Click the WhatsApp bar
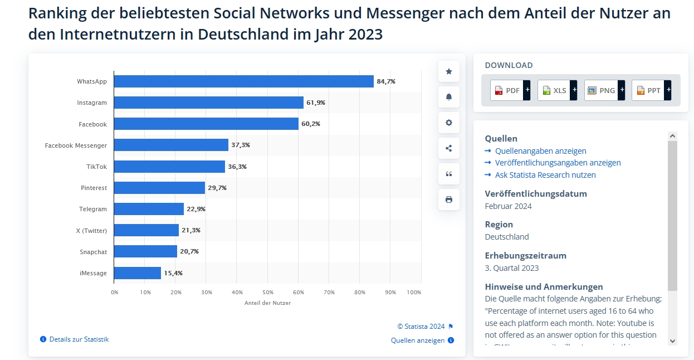243,81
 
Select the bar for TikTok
169,167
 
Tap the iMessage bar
138,273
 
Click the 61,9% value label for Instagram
316,103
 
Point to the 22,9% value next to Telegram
196,209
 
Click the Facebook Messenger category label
76,145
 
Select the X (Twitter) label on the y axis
92,231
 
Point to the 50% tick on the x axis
268,292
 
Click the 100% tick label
414,292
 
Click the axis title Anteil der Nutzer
267,303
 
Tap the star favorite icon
449,71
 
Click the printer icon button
449,200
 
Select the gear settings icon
449,123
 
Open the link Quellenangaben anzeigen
540,151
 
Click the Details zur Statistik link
79,339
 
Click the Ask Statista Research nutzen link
545,175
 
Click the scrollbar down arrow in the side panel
672,340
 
